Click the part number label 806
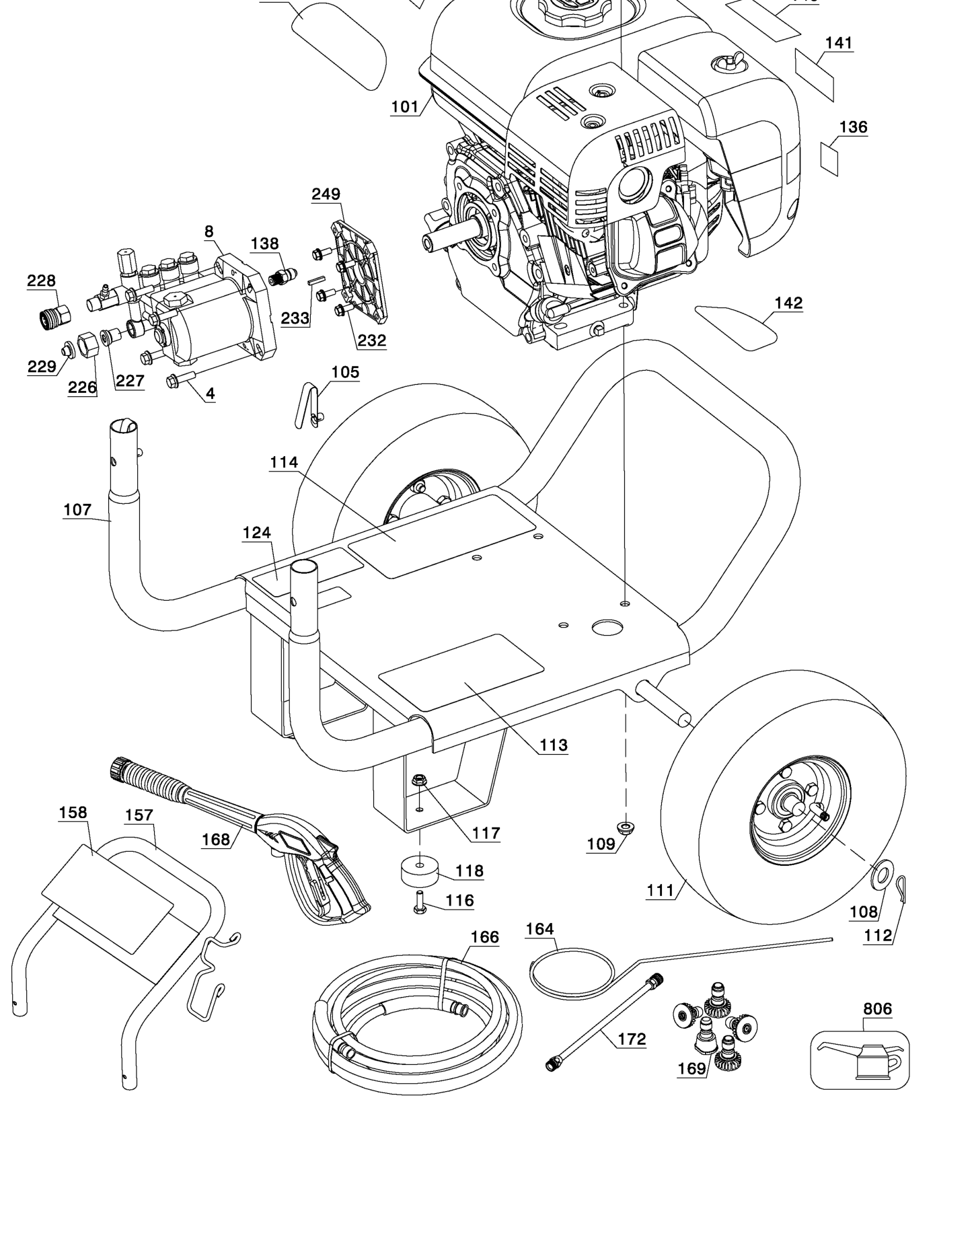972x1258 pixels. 877,1008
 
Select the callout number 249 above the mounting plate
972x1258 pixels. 326,194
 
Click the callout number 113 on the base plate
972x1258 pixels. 553,745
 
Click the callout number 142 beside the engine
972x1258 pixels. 788,303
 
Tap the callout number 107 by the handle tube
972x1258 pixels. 77,510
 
